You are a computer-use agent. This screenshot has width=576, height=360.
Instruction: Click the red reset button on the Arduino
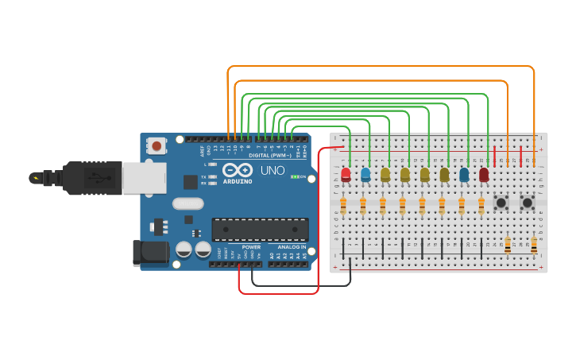click(x=157, y=145)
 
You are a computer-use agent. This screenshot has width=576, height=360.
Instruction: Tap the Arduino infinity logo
click(x=238, y=170)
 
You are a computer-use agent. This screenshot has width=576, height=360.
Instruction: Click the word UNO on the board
click(x=273, y=170)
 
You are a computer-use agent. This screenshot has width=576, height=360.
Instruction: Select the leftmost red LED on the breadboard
click(x=346, y=174)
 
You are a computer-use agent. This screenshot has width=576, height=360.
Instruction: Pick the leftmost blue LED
click(x=365, y=174)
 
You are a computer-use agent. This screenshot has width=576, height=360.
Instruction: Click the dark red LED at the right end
click(x=484, y=174)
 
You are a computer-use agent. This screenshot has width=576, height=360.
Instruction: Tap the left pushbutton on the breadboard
click(x=501, y=203)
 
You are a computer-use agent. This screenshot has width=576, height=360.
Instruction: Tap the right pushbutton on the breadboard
click(x=527, y=203)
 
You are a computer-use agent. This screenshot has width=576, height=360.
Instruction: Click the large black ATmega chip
click(x=260, y=230)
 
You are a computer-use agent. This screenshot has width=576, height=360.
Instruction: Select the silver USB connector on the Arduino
click(x=144, y=178)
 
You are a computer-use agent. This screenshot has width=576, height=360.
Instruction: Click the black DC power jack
click(x=150, y=254)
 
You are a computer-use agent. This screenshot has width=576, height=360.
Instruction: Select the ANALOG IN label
click(x=291, y=247)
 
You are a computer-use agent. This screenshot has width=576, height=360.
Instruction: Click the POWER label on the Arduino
click(x=251, y=247)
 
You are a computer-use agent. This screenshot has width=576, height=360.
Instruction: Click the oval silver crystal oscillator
click(x=188, y=203)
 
